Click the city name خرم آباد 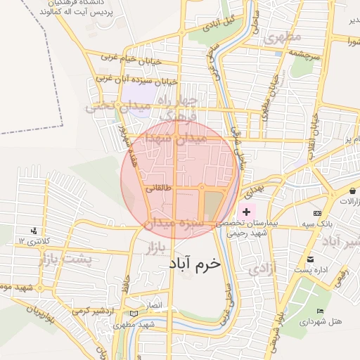[195, 263]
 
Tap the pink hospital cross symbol [246, 212]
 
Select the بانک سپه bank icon [318, 213]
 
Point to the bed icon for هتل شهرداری [321, 311]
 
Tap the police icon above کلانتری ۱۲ [34, 231]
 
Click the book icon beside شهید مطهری [134, 313]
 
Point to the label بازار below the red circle [155, 248]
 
